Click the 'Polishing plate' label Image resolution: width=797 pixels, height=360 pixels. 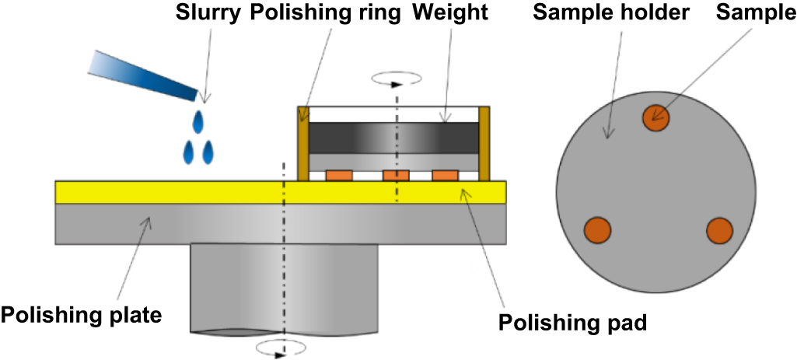(82, 316)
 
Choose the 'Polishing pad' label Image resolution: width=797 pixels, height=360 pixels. (572, 322)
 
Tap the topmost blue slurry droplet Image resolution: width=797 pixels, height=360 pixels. (200, 122)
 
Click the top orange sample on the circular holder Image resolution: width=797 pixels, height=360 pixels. (655, 117)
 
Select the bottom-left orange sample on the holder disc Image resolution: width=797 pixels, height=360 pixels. (597, 231)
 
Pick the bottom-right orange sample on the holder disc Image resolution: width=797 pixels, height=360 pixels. (719, 231)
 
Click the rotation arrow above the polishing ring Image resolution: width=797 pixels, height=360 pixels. (397, 79)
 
